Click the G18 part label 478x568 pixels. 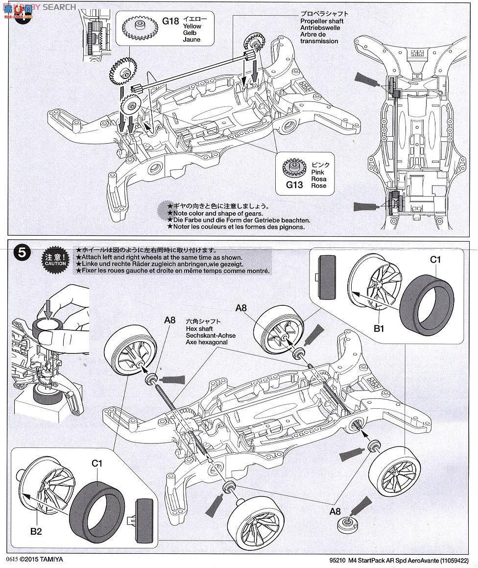pos(171,21)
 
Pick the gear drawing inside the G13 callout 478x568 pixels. pos(294,168)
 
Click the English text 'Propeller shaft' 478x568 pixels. pos(322,21)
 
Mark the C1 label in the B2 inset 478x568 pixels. pos(96,462)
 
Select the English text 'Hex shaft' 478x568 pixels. pos(200,328)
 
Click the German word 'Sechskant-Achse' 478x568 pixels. pos(211,336)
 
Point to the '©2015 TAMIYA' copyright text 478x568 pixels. pos(42,559)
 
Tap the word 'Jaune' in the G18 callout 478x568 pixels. pos(191,40)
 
